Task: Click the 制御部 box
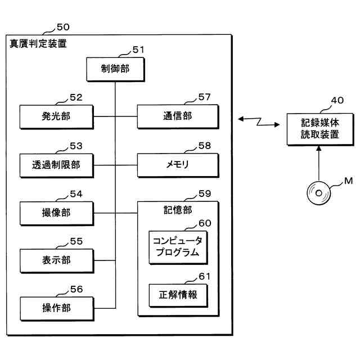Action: coord(115,69)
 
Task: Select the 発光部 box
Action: coord(56,116)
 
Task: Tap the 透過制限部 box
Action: coord(56,165)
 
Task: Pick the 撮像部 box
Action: coord(57,213)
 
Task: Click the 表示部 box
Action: coord(57,261)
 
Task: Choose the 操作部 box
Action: coord(57,309)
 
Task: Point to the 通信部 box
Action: coord(178,116)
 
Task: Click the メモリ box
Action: coord(178,165)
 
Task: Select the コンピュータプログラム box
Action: coord(178,247)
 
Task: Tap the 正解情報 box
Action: coord(178,295)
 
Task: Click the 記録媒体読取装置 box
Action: coord(320,129)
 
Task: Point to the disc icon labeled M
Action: coord(319,193)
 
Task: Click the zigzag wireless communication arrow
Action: coord(259,121)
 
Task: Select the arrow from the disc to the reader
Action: coord(319,163)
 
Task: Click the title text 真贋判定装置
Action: coord(38,44)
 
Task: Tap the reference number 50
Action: coord(63,27)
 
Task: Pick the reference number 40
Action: coord(337,100)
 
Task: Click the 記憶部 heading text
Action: coord(178,210)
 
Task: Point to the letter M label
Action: coord(349,181)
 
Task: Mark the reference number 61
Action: coord(205,276)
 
